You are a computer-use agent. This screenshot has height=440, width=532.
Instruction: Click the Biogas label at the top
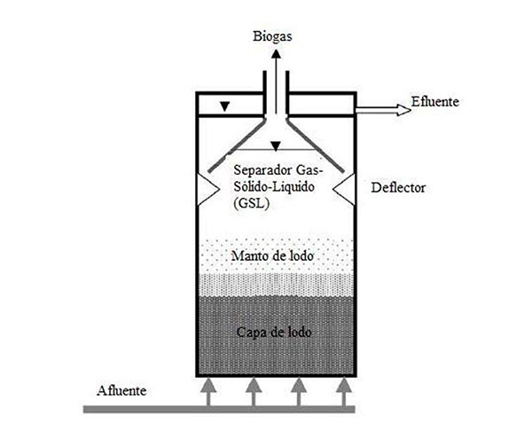point(274,36)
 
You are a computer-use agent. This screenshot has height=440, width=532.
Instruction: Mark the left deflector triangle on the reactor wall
point(205,187)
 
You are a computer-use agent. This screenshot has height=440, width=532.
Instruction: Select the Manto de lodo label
point(273,255)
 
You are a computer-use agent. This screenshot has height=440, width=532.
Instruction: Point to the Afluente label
point(122,390)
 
